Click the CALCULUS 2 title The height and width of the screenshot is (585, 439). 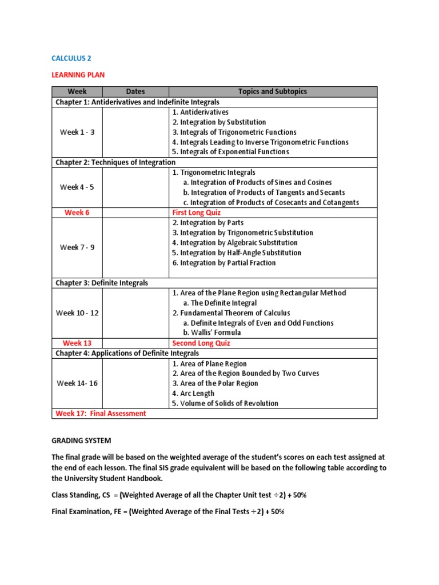coord(71,58)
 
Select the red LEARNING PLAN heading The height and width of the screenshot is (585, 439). coord(78,75)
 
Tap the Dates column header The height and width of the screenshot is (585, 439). coord(135,91)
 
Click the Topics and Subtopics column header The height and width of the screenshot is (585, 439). coord(272,91)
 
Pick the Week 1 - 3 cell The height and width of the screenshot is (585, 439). coord(77,132)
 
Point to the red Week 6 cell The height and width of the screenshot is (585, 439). coord(77,213)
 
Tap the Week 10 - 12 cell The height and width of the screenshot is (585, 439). coord(77,313)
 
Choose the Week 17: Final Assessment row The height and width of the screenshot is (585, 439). coord(101,414)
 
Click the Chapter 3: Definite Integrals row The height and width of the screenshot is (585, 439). coord(102,283)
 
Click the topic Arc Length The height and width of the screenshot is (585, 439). coord(193,394)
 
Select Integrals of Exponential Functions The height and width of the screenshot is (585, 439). coord(230,152)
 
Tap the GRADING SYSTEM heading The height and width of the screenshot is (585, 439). coord(82,441)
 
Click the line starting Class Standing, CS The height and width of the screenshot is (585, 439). coord(179,495)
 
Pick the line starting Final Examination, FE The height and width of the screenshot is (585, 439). coord(168,512)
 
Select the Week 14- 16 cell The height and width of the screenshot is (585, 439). coord(77,383)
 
